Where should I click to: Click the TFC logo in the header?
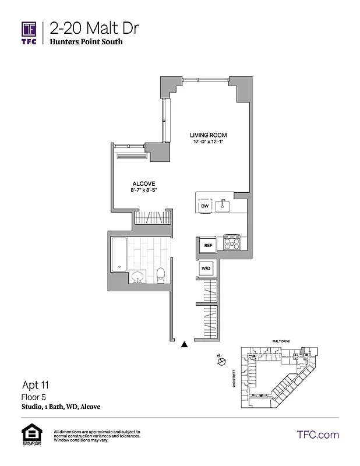29,32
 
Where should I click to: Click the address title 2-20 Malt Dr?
94,27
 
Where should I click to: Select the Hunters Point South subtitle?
86,42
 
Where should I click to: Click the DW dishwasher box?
205,206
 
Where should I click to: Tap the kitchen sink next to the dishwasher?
222,206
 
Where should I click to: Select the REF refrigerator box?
207,246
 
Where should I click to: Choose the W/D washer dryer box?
206,268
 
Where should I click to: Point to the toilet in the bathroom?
161,274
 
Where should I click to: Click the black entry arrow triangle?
185,344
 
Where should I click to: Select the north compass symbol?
221,362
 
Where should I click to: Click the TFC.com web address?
317,435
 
